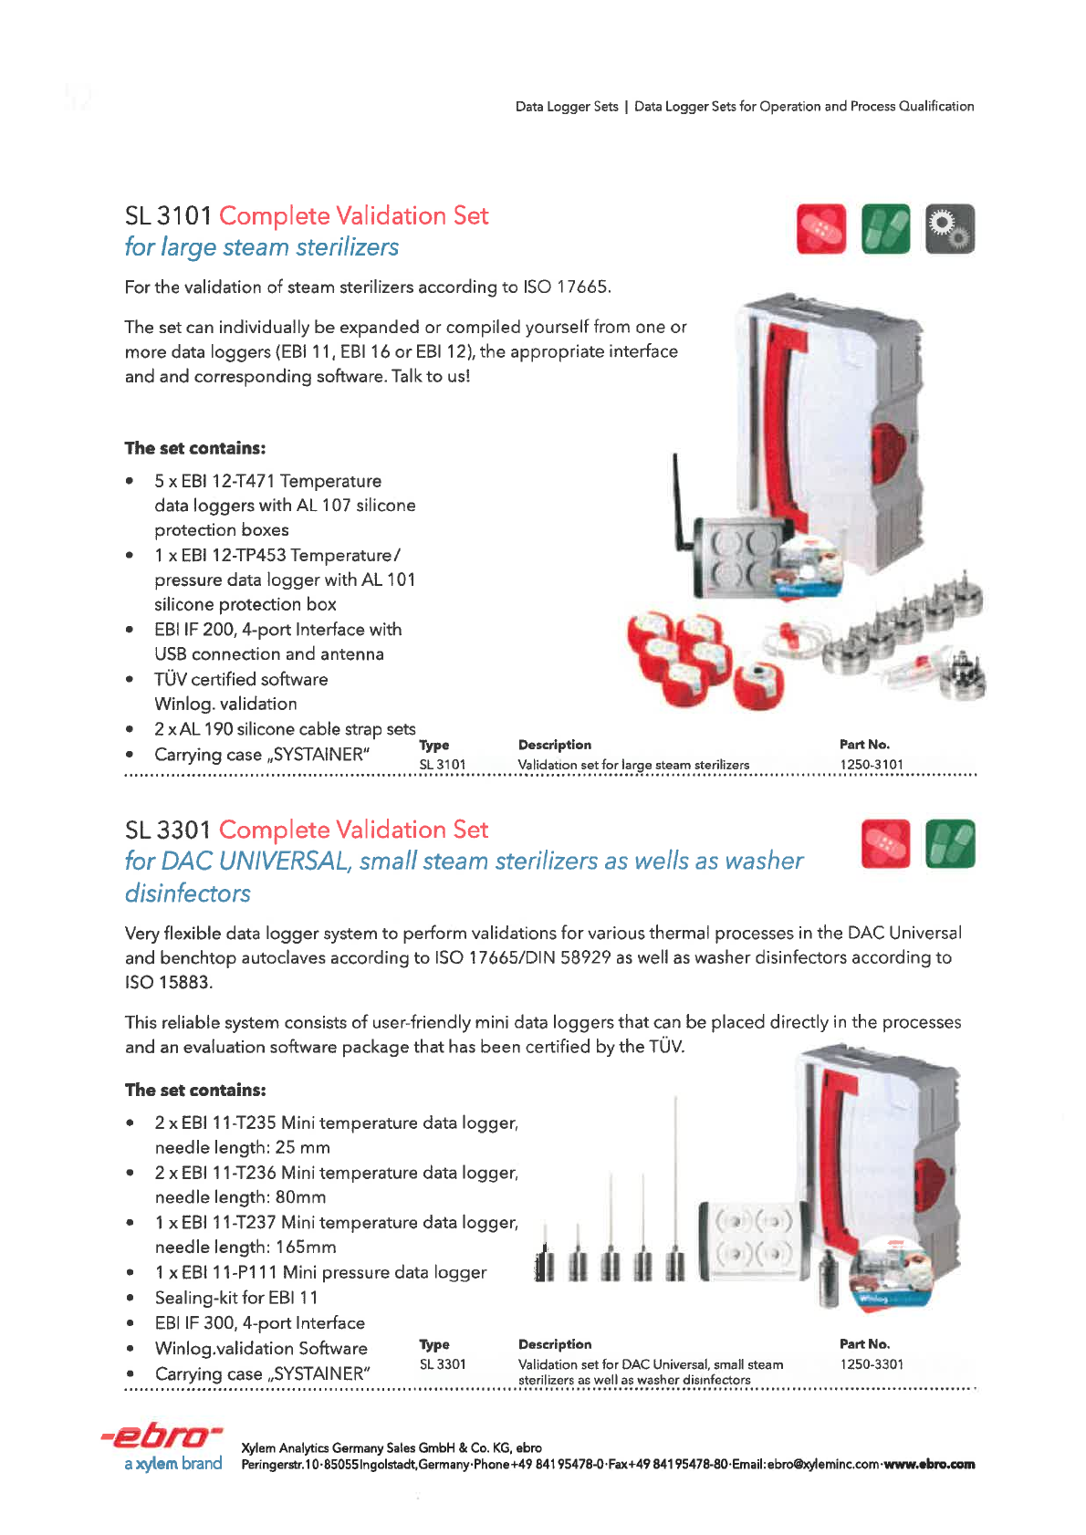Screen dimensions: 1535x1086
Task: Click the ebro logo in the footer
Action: pos(162,1436)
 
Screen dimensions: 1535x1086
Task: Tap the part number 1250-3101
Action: pos(872,765)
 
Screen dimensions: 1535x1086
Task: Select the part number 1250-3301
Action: pos(872,1364)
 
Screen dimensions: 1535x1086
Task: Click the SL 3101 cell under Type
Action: pos(443,765)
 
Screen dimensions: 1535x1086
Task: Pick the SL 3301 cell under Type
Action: pos(443,1364)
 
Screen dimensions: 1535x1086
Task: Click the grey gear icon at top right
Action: pos(950,228)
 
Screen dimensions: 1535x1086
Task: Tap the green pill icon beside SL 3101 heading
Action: pos(885,228)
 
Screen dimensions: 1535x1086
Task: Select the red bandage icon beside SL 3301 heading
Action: pos(885,843)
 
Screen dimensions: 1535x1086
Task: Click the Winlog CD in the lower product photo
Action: pos(891,1272)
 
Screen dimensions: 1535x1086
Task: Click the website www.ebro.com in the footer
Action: pos(929,1465)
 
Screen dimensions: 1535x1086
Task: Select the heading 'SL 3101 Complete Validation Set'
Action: pos(307,216)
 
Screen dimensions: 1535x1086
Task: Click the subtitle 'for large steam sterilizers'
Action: pos(262,247)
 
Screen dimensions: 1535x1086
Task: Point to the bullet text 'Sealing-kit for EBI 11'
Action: pos(236,1298)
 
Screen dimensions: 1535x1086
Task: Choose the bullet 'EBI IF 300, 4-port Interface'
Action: pos(260,1323)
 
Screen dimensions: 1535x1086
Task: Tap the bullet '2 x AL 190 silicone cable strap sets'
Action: pos(285,729)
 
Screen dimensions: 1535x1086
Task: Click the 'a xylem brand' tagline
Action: pos(173,1464)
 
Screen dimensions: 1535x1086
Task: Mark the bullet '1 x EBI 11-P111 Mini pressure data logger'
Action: pos(320,1272)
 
